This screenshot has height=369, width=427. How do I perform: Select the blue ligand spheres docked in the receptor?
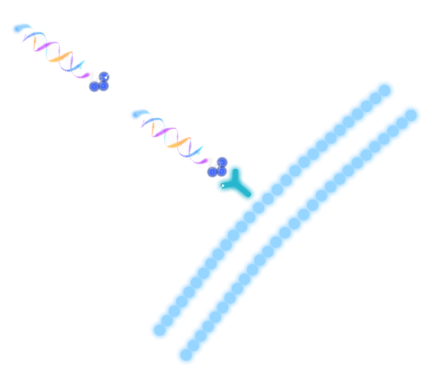click(x=217, y=167)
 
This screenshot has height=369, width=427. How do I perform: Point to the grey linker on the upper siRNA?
click(x=93, y=77)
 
